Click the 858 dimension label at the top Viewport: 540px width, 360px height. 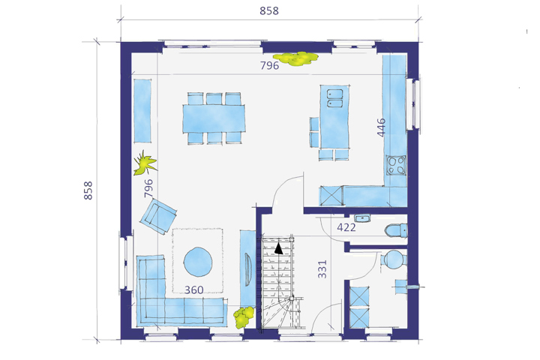[269, 10]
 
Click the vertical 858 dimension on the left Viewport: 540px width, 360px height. [88, 190]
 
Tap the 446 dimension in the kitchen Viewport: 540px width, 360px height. [381, 127]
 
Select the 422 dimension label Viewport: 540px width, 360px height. [346, 227]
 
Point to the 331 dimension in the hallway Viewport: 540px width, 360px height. [322, 269]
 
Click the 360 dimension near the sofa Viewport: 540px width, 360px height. [194, 290]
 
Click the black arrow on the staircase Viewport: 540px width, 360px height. [278, 248]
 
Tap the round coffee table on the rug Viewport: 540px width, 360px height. [198, 262]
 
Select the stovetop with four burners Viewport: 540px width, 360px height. [396, 165]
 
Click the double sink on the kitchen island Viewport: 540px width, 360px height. [334, 98]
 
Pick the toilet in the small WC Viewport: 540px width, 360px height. [397, 231]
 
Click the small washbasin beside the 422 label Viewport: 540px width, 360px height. [362, 218]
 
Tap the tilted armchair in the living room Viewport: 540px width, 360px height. [158, 216]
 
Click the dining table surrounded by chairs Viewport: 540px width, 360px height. [214, 118]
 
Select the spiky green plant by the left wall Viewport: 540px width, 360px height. [145, 163]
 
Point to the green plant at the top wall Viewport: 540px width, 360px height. [295, 59]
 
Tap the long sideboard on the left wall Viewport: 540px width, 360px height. [142, 110]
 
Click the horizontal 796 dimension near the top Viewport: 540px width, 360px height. [269, 65]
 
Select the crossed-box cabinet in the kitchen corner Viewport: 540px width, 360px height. [331, 196]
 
